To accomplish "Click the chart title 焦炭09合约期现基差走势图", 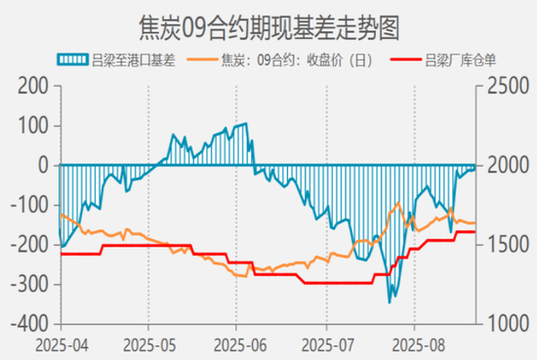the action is [269, 28].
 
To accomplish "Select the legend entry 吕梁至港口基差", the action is [116, 60].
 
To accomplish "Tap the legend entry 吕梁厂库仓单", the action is [443, 60].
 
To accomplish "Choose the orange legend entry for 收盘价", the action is [280, 60].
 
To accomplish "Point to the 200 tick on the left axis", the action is [33, 86].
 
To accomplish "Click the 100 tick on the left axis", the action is [33, 126].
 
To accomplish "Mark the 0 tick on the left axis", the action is [44, 166].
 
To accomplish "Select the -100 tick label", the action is [30, 205].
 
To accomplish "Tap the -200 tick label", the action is [30, 245].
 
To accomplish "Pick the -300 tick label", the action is [30, 285].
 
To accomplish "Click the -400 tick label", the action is [30, 324].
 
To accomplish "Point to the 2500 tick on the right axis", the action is [509, 86].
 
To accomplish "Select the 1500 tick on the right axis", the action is [509, 244].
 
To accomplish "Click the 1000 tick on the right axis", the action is [509, 324].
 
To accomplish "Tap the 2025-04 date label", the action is [62, 345].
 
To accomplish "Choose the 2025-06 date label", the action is [240, 345].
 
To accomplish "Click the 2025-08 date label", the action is [419, 345].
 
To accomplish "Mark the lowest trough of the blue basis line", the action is [390, 302].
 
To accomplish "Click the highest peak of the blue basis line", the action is [246, 124].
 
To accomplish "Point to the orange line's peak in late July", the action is [398, 203].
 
